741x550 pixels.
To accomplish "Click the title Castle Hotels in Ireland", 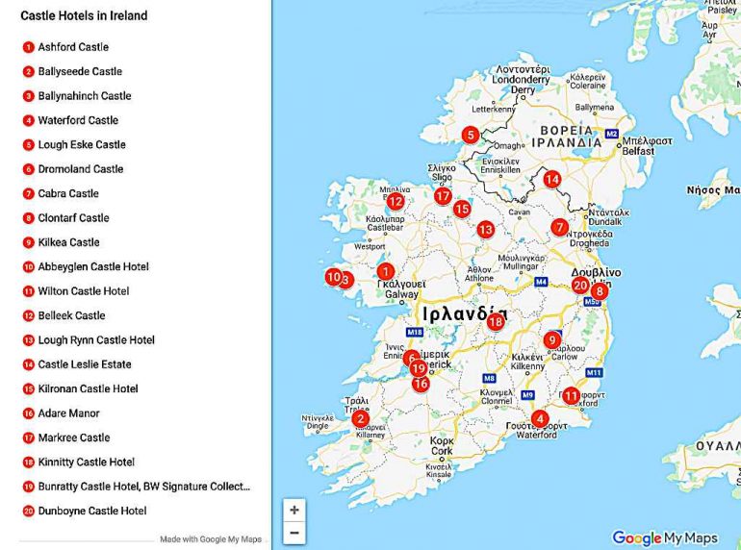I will click(x=84, y=16).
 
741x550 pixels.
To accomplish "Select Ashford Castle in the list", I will click(x=73, y=47).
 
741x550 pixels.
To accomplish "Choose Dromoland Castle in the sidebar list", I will click(x=81, y=169).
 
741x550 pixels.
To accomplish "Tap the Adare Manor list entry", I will click(x=69, y=413).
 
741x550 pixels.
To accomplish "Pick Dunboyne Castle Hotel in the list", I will click(x=92, y=511).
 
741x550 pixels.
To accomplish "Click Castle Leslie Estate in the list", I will click(x=85, y=364).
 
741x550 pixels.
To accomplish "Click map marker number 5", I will click(x=470, y=135).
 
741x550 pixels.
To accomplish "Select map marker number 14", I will click(x=551, y=179).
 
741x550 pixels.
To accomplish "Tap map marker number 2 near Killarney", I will click(x=360, y=418).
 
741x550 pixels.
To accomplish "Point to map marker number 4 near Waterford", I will click(x=540, y=418).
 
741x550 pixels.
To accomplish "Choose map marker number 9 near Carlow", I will click(x=551, y=339).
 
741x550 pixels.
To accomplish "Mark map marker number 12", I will click(x=396, y=201).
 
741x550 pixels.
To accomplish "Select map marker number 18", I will click(x=496, y=322).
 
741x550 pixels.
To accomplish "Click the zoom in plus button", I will click(x=294, y=510).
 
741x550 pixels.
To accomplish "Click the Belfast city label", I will click(x=637, y=151).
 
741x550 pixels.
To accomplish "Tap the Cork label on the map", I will click(x=442, y=450).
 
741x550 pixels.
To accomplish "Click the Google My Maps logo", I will click(x=665, y=538).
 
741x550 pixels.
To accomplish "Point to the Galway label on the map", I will click(x=389, y=294).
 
